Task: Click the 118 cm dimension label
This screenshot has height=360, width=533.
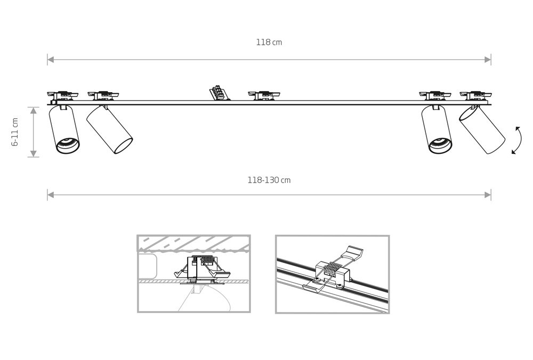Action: (269, 43)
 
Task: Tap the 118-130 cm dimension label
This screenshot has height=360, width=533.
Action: (269, 180)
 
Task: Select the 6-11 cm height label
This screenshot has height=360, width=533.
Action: (15, 132)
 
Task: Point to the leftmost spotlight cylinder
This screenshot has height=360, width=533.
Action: (64, 129)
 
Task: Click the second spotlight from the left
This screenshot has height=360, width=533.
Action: (109, 130)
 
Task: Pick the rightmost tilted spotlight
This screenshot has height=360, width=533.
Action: (482, 130)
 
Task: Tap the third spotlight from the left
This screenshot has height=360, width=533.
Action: (437, 129)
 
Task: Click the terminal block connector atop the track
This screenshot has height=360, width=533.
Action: (219, 93)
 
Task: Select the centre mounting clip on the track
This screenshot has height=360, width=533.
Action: (264, 95)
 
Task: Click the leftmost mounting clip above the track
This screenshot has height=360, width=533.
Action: (62, 95)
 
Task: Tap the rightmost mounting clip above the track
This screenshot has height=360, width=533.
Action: (475, 95)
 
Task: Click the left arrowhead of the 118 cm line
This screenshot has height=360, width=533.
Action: (50, 60)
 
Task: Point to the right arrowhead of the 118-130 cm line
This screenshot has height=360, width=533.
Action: (488, 195)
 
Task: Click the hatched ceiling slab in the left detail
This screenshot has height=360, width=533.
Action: (193, 243)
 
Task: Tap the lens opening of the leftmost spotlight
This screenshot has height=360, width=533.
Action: (68, 145)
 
